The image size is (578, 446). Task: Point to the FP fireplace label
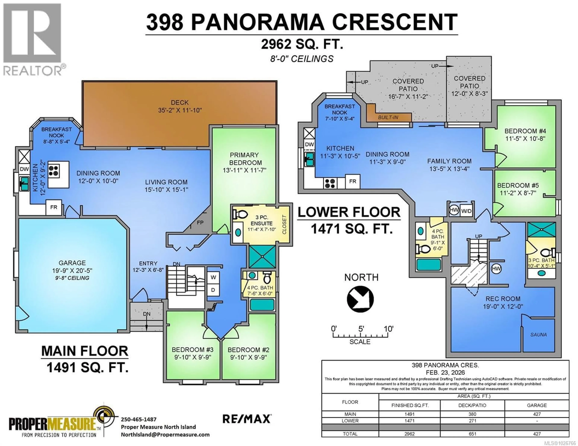[x=200, y=223]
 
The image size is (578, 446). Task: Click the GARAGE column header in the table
[x=537, y=405]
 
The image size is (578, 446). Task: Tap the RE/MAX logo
[x=247, y=419]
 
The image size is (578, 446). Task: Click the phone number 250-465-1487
[x=139, y=419]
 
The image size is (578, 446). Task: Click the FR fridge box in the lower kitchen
[x=353, y=181]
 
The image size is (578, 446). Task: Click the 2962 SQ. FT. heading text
[x=302, y=44]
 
